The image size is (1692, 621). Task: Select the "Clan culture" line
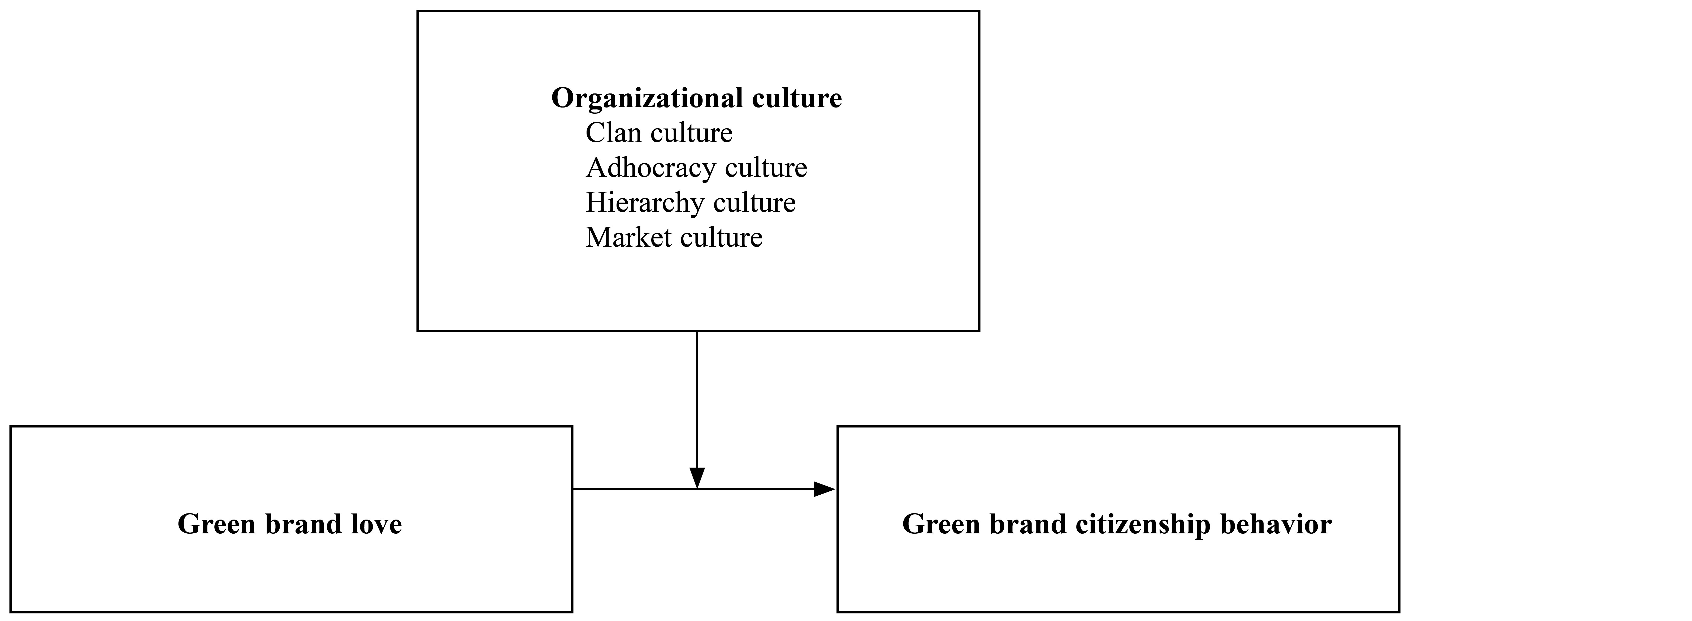coord(659,133)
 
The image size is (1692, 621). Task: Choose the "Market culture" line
coord(674,237)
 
